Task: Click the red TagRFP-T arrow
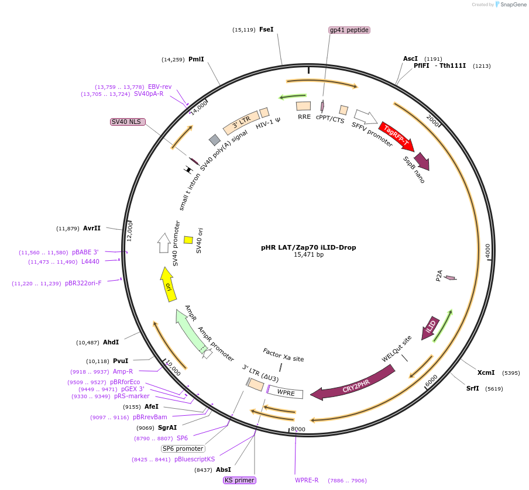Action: [x=396, y=136]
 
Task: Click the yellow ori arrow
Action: [x=167, y=285]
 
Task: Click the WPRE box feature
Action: [x=286, y=392]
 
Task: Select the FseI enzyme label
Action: [x=266, y=29]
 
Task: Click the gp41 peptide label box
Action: [x=349, y=30]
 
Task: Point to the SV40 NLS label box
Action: [x=127, y=122]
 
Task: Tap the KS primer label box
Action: [x=239, y=480]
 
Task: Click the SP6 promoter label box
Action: [x=183, y=448]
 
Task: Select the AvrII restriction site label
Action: [x=92, y=228]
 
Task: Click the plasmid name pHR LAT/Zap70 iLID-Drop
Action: [x=308, y=247]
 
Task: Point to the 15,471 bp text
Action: [x=308, y=255]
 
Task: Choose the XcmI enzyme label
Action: [x=486, y=372]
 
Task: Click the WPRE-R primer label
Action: [x=307, y=480]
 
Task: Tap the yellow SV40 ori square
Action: [x=188, y=240]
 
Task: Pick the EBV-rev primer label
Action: [x=159, y=87]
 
